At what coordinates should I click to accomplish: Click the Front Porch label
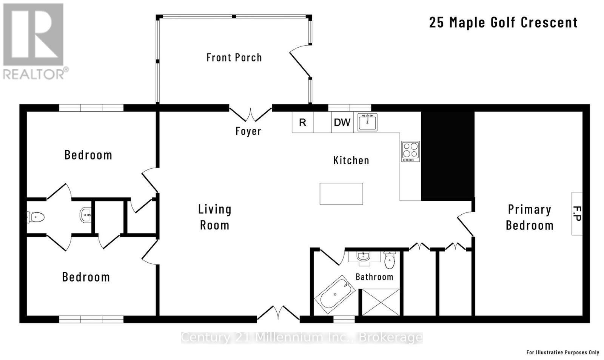pyautogui.click(x=234, y=57)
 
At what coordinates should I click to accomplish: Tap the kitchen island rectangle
pyautogui.click(x=341, y=194)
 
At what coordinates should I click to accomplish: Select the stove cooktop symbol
pyautogui.click(x=410, y=151)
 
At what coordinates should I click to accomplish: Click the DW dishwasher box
pyautogui.click(x=342, y=122)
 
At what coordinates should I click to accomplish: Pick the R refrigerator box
pyautogui.click(x=302, y=122)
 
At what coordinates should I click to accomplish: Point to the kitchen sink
pyautogui.click(x=367, y=122)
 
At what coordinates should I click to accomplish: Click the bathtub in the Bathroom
pyautogui.click(x=335, y=295)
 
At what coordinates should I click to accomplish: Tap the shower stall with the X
pyautogui.click(x=381, y=302)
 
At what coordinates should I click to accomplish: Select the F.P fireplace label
pyautogui.click(x=576, y=214)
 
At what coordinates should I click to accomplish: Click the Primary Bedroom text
pyautogui.click(x=529, y=217)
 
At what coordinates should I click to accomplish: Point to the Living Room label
pyautogui.click(x=214, y=217)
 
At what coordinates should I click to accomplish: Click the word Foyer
pyautogui.click(x=248, y=131)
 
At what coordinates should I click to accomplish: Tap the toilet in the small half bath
pyautogui.click(x=36, y=217)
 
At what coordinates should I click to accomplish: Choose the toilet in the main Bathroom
pyautogui.click(x=390, y=260)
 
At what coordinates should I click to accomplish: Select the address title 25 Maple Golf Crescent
pyautogui.click(x=503, y=22)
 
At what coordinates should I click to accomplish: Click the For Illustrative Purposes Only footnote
pyautogui.click(x=562, y=352)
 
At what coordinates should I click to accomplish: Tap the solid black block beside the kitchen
pyautogui.click(x=447, y=155)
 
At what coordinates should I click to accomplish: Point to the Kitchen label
pyautogui.click(x=351, y=160)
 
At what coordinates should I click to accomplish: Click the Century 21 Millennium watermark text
pyautogui.click(x=302, y=337)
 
